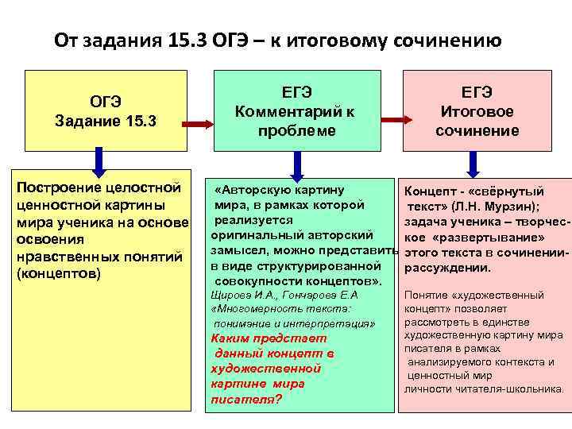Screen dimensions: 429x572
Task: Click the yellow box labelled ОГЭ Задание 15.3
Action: coord(106,110)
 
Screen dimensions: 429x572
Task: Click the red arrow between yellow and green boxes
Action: coord(199,123)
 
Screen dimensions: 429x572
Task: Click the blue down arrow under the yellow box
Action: coord(98,162)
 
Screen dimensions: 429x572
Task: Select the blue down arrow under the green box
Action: coord(296,164)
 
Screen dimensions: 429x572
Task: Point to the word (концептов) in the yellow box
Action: coord(58,272)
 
